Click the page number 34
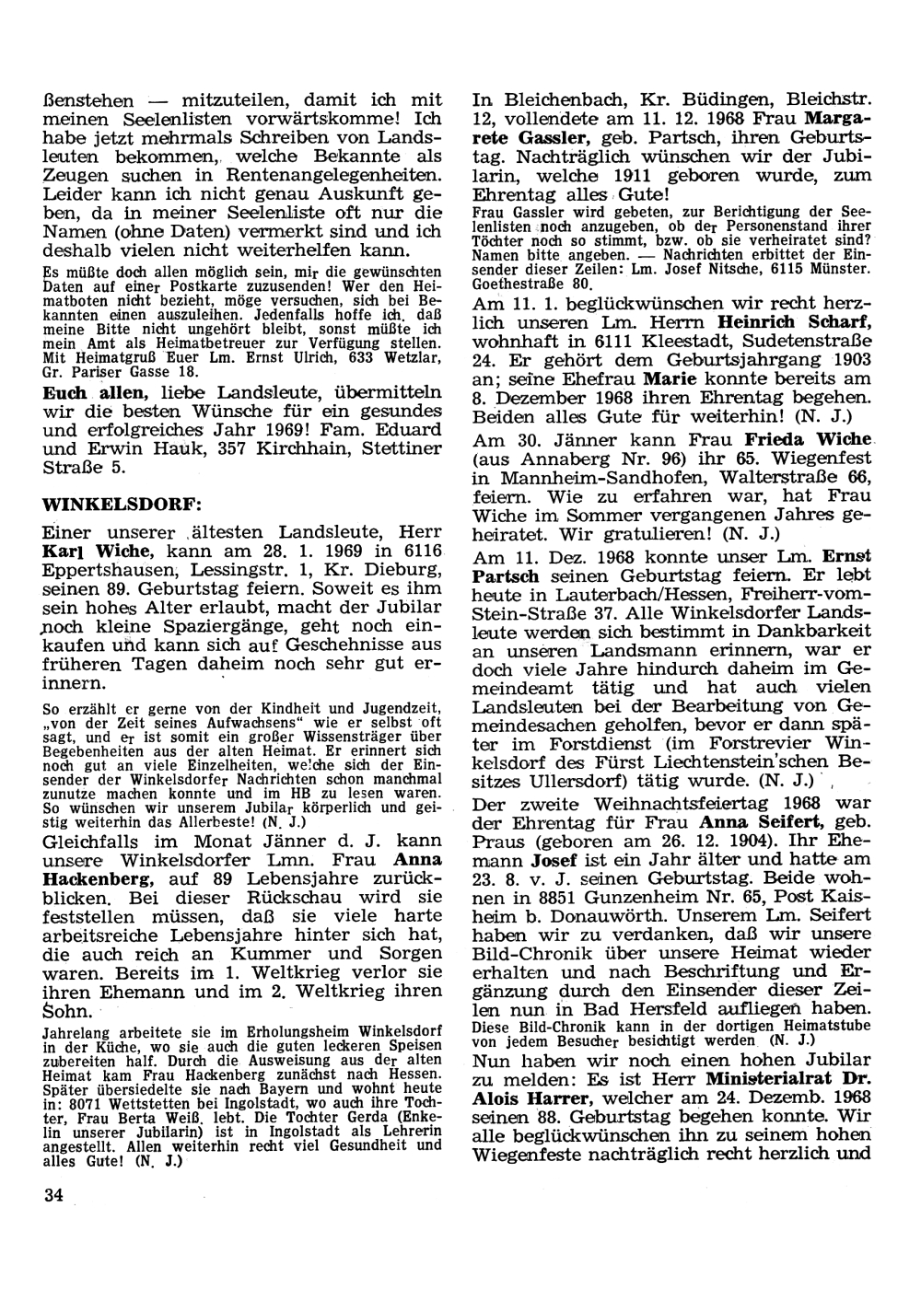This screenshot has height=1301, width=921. [53, 1194]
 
